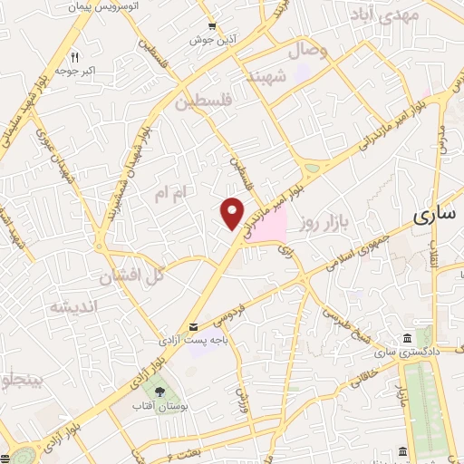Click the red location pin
click(233, 212)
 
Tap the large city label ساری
click(436, 216)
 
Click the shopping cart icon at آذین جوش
click(211, 26)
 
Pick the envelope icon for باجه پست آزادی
click(192, 327)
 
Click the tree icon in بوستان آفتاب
click(160, 392)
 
